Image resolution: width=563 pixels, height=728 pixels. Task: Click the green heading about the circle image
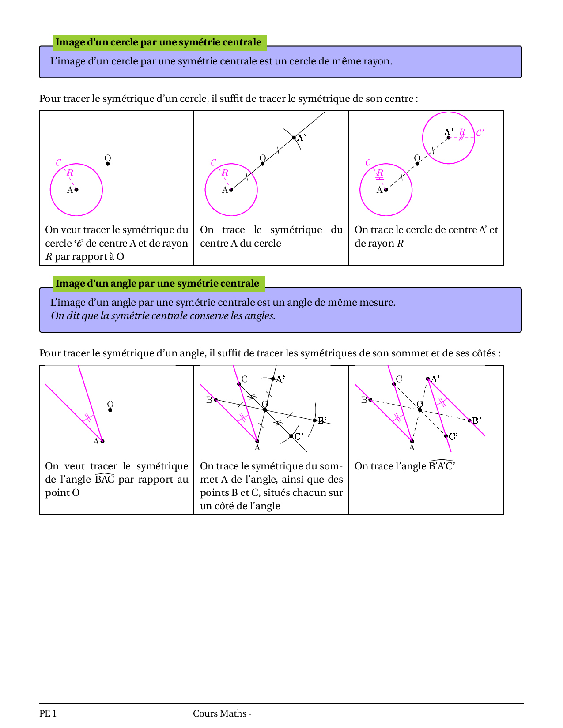click(159, 42)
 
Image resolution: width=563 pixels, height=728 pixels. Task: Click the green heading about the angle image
click(158, 284)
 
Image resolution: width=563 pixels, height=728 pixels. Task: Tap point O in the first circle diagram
click(108, 164)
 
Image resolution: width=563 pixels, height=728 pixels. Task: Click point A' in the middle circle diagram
click(294, 138)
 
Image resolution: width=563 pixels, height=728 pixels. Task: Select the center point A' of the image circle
click(449, 138)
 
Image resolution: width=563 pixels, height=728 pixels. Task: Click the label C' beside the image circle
click(480, 132)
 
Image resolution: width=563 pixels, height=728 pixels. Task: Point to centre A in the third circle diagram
click(386, 190)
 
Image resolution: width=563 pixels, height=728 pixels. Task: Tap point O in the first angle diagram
click(110, 410)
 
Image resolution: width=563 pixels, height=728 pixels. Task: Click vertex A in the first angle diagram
click(102, 441)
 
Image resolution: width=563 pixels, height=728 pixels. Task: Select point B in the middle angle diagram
click(215, 400)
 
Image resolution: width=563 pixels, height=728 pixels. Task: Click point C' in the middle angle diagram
click(291, 436)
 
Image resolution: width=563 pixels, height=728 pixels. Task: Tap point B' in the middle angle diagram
click(315, 420)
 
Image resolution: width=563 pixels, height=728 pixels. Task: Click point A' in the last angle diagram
click(428, 379)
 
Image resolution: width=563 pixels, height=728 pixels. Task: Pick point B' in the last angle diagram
click(469, 420)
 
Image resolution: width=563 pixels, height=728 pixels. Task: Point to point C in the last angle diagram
click(394, 384)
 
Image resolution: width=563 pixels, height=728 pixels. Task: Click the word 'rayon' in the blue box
click(378, 61)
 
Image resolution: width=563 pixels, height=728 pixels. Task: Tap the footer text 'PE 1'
click(48, 713)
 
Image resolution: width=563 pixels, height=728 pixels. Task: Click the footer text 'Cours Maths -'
click(222, 713)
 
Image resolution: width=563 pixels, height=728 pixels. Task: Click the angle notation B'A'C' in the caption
click(442, 466)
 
